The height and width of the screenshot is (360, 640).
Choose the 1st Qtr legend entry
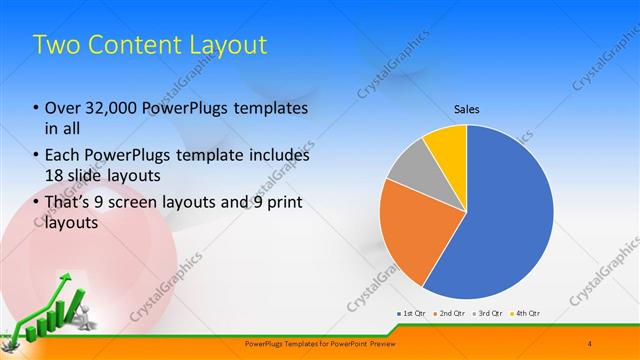(x=412, y=313)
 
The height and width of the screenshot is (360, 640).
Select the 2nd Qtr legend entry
(x=449, y=313)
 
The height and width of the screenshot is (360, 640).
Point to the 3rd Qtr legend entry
(x=487, y=313)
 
